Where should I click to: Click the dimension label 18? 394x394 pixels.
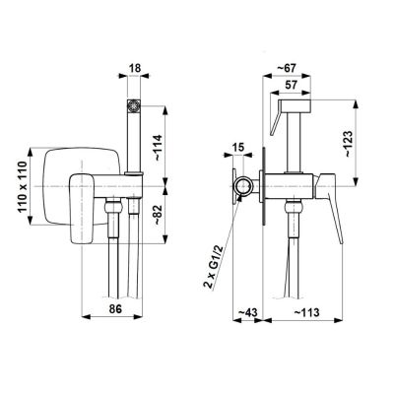tap(135, 68)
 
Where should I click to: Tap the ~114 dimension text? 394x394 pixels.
tap(158, 148)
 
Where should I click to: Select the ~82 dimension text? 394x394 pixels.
tap(158, 215)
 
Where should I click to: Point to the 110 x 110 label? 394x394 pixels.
tap(23, 186)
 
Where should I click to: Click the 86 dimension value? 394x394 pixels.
tap(115, 308)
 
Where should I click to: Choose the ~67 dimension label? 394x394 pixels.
tap(287, 68)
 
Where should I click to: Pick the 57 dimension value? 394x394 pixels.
tap(291, 85)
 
